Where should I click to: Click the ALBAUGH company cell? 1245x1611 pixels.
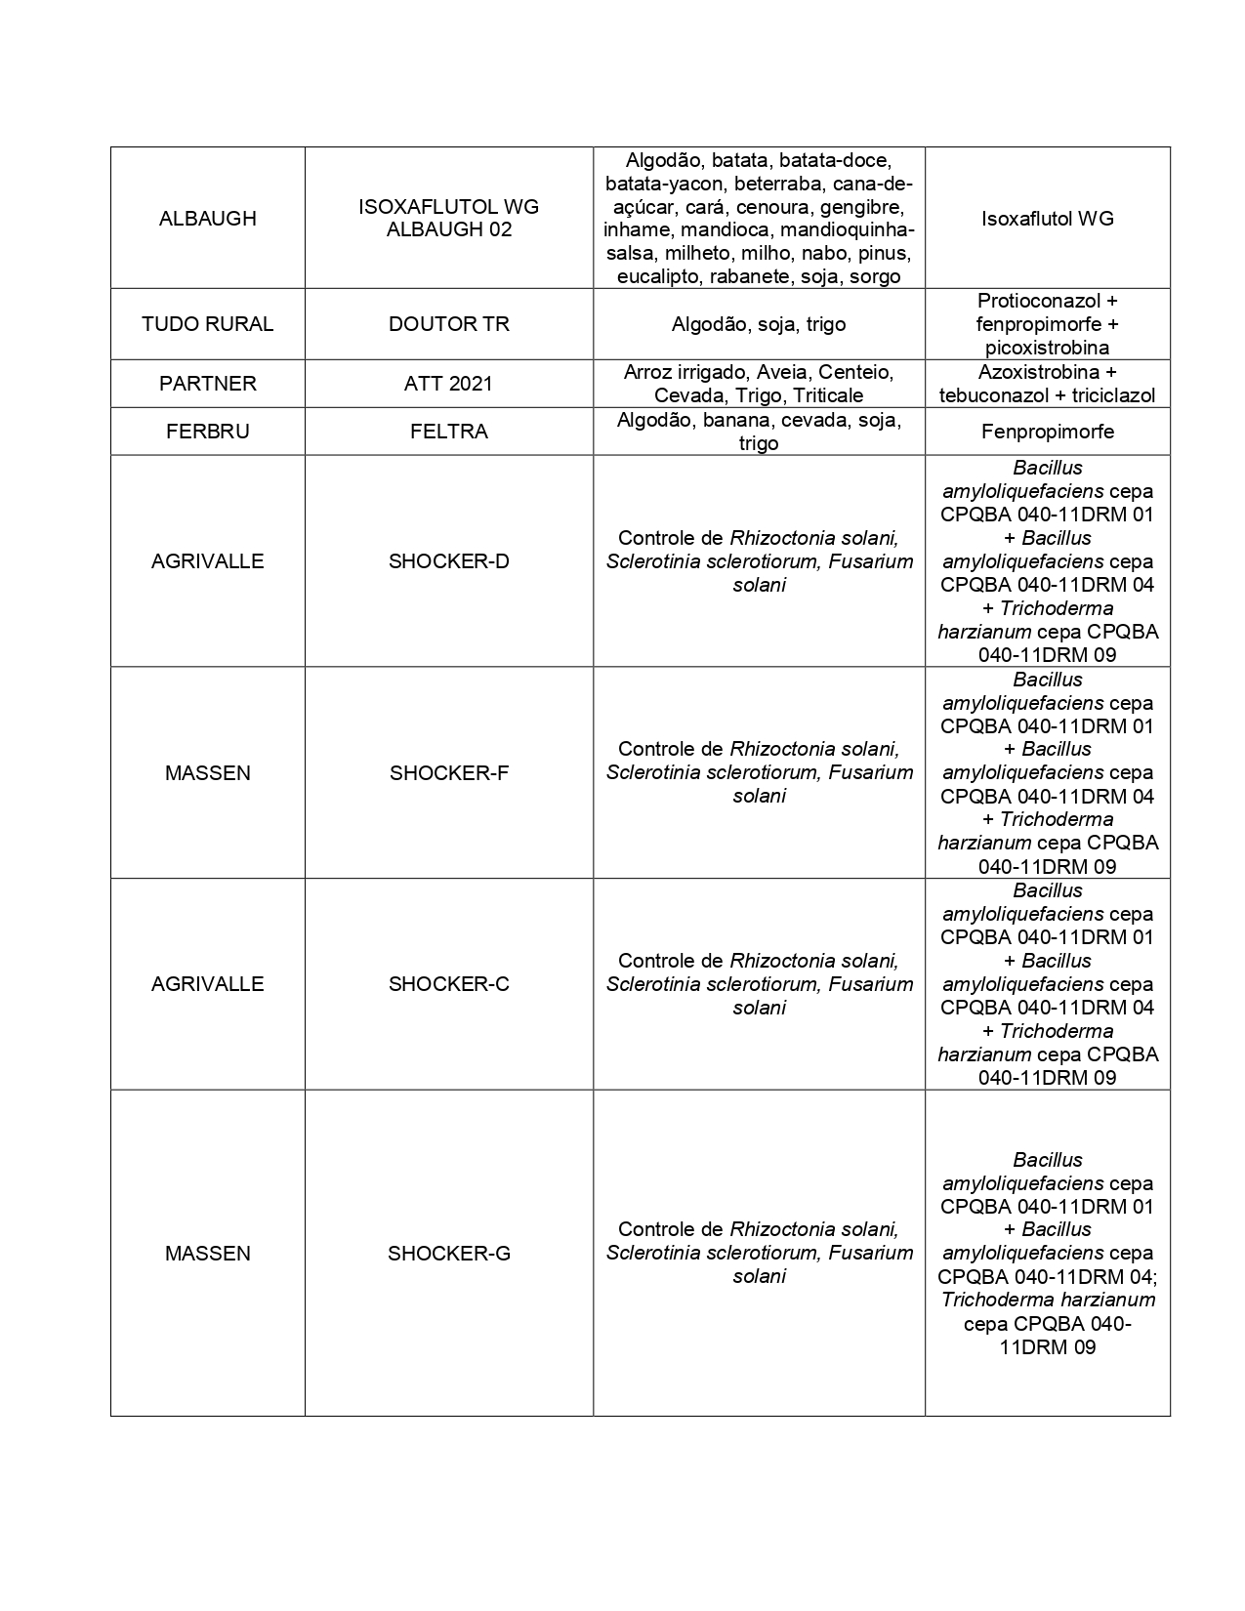tap(207, 219)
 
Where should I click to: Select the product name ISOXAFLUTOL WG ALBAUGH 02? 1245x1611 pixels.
tap(448, 219)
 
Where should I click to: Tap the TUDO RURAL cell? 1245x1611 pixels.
tap(207, 324)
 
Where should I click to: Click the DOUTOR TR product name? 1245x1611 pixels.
tap(448, 324)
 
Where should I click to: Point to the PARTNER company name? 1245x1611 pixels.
tap(207, 384)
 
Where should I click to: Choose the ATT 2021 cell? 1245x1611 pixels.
tap(448, 384)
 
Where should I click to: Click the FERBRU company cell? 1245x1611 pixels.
tap(207, 432)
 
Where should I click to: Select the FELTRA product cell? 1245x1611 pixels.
tap(448, 432)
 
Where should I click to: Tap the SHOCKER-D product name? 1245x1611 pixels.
tap(448, 561)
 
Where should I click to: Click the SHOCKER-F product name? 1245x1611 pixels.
tap(448, 773)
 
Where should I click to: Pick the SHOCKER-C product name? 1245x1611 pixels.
tap(448, 984)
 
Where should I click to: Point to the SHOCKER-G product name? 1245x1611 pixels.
tap(448, 1254)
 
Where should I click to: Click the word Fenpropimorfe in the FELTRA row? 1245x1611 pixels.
tap(1047, 432)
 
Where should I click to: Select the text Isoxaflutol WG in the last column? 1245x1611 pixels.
tap(1047, 219)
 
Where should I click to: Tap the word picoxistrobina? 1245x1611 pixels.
tap(1047, 348)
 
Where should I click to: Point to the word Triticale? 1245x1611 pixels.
tap(828, 395)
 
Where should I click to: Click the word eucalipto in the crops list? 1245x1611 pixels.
tap(660, 276)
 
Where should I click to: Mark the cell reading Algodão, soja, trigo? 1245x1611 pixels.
tap(759, 324)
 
